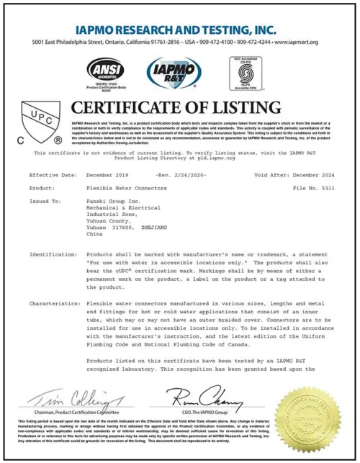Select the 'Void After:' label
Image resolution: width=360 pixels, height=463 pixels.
point(272,175)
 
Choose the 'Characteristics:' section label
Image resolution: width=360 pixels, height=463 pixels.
point(53,303)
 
